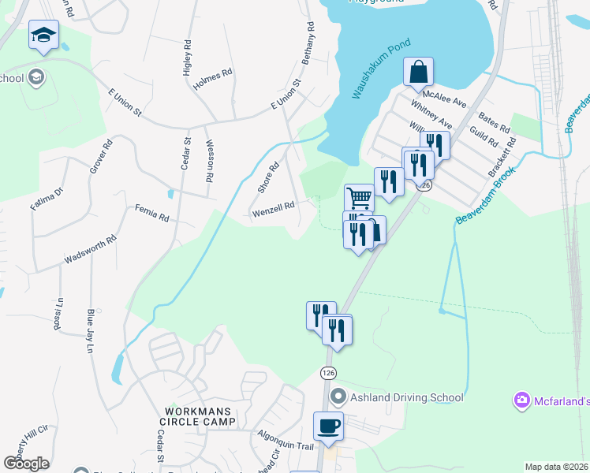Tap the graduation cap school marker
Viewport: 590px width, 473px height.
[x=44, y=35]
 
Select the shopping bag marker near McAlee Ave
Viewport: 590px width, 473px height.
[x=418, y=72]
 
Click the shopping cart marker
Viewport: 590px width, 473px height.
[x=359, y=197]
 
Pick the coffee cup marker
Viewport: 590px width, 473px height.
[x=328, y=426]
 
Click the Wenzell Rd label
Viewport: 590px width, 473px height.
[x=273, y=209]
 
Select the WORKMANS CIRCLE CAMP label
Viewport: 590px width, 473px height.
[x=200, y=416]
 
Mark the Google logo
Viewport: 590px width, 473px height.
[x=25, y=463]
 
